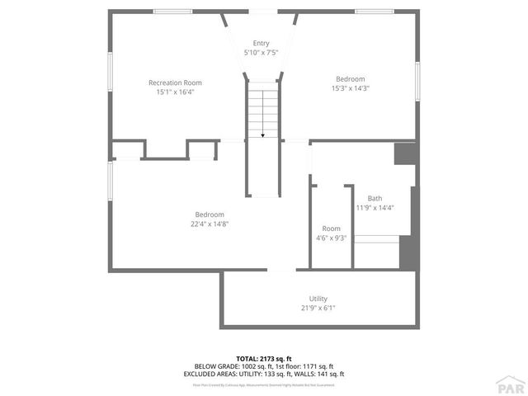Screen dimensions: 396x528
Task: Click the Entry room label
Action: [x=261, y=43]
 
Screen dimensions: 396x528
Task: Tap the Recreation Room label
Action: [x=175, y=82]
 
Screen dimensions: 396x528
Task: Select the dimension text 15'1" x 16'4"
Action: [x=175, y=92]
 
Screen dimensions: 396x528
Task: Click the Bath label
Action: [x=375, y=198]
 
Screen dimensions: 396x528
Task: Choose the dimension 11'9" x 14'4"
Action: [x=375, y=208]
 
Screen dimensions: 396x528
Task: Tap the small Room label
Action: [x=331, y=229]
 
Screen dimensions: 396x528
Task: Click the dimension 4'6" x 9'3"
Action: [x=331, y=238]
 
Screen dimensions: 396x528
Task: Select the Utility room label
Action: [x=318, y=299]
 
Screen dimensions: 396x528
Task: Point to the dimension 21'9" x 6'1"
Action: [x=318, y=309]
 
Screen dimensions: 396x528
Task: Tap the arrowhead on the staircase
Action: [x=262, y=134]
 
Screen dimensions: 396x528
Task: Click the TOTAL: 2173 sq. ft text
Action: [x=263, y=359]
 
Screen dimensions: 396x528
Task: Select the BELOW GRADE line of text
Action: [x=263, y=366]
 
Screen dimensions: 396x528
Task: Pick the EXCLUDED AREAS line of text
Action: [x=263, y=374]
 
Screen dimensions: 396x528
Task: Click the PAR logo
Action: [x=511, y=384]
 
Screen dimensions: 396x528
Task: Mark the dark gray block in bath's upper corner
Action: [x=404, y=154]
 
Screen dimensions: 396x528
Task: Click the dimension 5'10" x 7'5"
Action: [x=261, y=53]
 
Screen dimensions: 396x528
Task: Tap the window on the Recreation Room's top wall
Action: [x=173, y=12]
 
